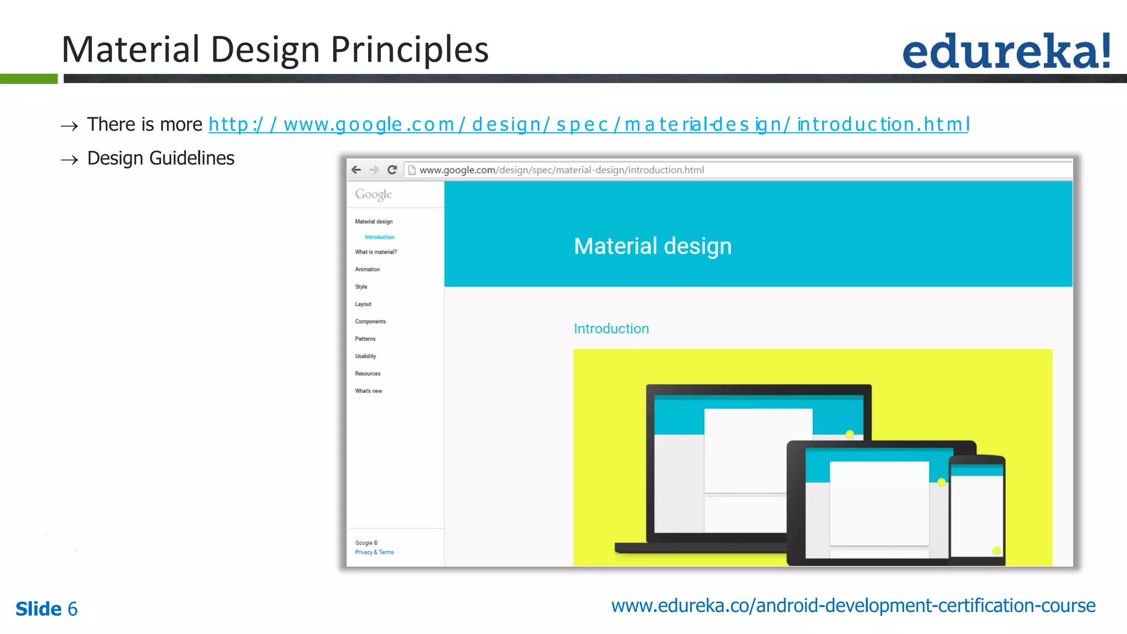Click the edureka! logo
click(x=1006, y=51)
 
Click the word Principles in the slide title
click(x=409, y=50)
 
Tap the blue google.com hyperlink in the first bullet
click(x=588, y=124)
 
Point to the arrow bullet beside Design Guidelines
click(x=69, y=160)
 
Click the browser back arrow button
click(x=356, y=170)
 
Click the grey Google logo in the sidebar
click(x=373, y=194)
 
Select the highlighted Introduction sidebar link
click(x=379, y=237)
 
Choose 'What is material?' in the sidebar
click(x=375, y=252)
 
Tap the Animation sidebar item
click(x=367, y=270)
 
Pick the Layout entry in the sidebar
click(x=363, y=304)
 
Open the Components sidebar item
click(x=370, y=321)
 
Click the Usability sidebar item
click(x=365, y=357)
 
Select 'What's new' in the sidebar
click(x=368, y=391)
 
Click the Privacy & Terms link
click(x=374, y=552)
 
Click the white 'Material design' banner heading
click(x=652, y=246)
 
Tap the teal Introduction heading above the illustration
click(x=611, y=329)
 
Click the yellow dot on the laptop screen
click(x=850, y=434)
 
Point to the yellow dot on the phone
click(x=996, y=550)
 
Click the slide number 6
click(x=72, y=609)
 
